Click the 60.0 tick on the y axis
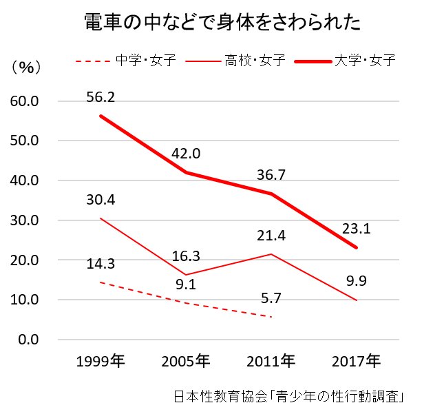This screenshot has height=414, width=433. pos(28,101)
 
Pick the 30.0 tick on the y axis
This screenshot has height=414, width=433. pos(28,220)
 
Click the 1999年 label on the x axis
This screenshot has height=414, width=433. pos(101,361)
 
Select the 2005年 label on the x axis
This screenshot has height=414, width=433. pos(186,361)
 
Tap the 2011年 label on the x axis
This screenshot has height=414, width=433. pos(271,361)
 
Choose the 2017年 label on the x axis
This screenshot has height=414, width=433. pos(356,361)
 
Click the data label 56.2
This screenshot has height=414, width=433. pos(101,97)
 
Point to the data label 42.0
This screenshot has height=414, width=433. pos(186,154)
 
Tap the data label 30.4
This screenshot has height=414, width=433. pos(101,200)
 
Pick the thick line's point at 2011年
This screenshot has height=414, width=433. pos(271,194)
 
